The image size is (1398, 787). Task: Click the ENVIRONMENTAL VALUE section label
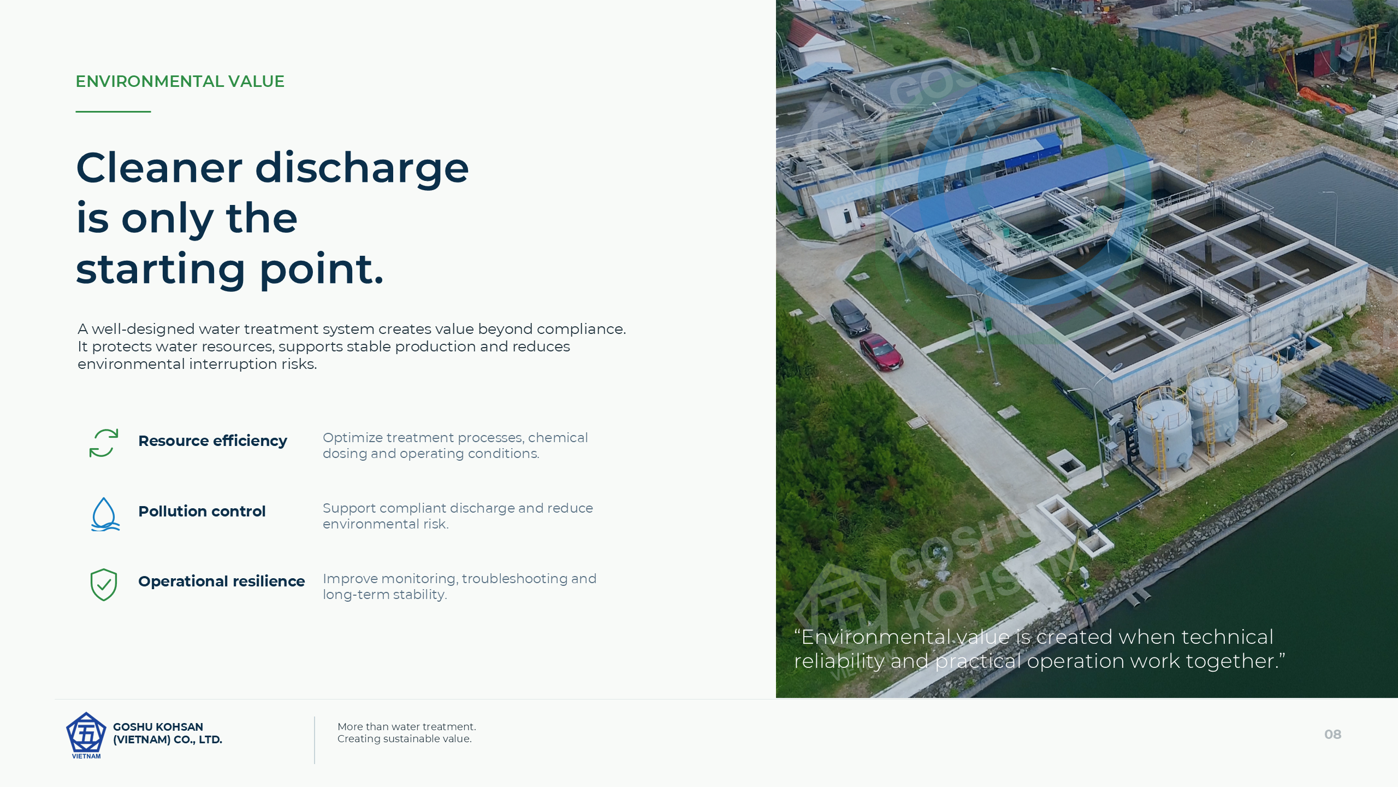[x=180, y=81]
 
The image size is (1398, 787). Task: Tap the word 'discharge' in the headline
[x=362, y=169]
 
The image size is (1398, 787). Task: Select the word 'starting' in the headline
[x=161, y=269]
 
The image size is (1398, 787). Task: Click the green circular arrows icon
[x=104, y=443]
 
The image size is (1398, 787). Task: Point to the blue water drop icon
[x=104, y=514]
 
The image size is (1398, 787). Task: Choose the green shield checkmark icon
[x=104, y=584]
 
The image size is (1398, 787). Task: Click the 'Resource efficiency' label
[x=212, y=441]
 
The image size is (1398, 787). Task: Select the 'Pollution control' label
[x=202, y=511]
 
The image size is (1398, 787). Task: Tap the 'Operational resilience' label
[x=221, y=581]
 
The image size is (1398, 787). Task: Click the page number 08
[x=1332, y=734]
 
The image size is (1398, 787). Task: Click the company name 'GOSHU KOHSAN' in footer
[x=158, y=727]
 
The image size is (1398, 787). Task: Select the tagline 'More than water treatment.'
[x=407, y=726]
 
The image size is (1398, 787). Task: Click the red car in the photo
[x=880, y=352]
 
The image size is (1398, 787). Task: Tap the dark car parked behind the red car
[x=850, y=318]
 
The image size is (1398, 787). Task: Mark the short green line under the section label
[x=113, y=111]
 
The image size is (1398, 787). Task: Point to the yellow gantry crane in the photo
[x=1327, y=49]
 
